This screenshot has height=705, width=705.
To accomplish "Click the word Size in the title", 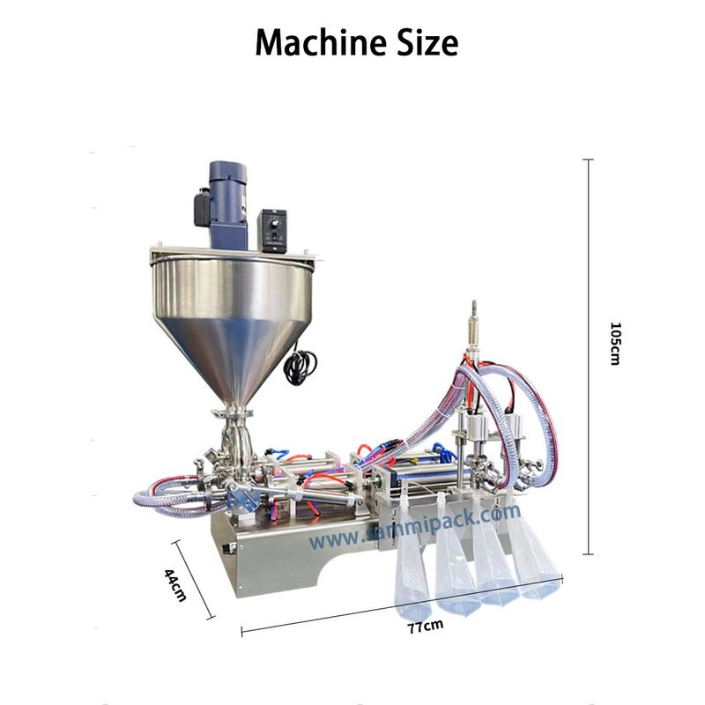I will click(426, 41).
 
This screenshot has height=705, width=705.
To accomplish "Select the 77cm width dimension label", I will click(425, 627).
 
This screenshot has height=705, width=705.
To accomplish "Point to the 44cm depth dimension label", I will click(175, 584).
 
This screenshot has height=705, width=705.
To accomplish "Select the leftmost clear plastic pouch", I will click(413, 564).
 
